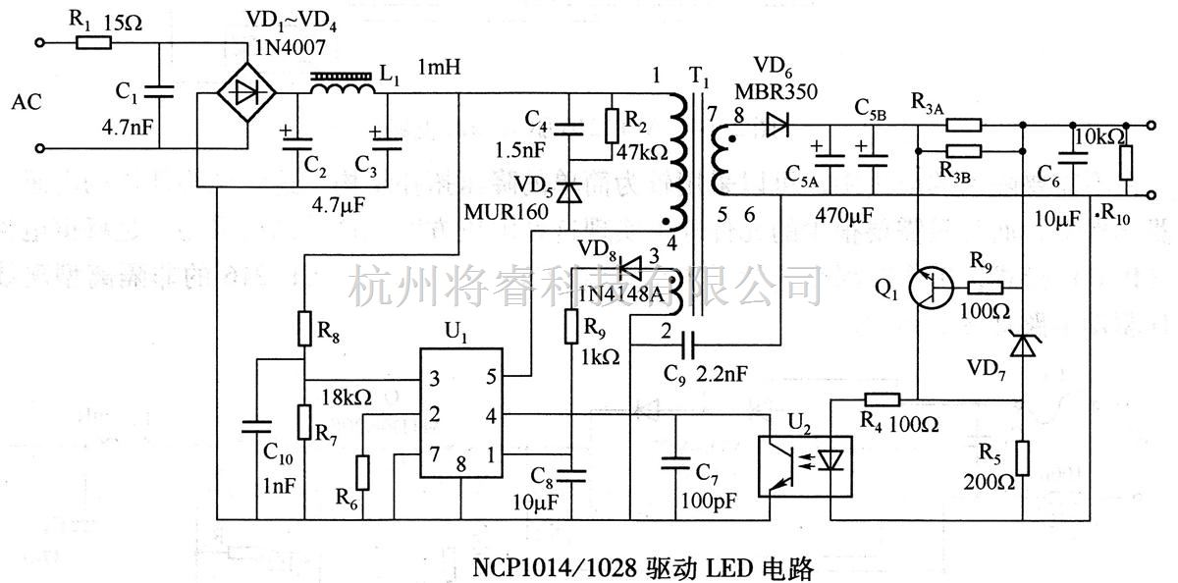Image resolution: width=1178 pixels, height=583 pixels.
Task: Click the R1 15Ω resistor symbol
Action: [x=93, y=43]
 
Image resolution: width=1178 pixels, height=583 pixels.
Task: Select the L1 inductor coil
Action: [x=343, y=87]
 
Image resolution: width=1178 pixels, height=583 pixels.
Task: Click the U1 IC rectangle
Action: [x=458, y=413]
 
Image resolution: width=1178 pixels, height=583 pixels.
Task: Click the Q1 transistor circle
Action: [x=930, y=288]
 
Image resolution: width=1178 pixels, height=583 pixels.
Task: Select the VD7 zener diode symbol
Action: [x=1023, y=344]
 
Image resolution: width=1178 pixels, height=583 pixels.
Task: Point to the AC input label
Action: [x=27, y=101]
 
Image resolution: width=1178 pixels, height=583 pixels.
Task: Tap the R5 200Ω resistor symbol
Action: [x=1023, y=458]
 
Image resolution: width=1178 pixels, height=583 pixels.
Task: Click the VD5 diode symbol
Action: [x=565, y=191]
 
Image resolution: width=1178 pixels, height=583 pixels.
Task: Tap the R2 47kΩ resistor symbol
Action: [x=613, y=125]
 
